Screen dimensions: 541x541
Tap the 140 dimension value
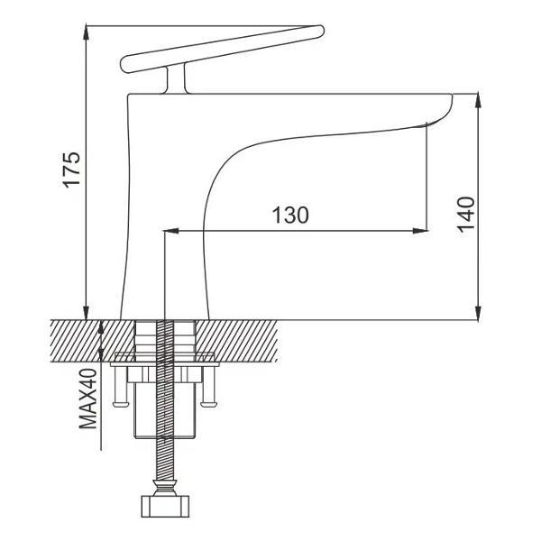pos(466,215)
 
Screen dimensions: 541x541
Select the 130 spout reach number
pos(290,215)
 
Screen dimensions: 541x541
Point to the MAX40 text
pos(87,399)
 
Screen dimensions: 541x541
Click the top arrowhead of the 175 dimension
pos(87,32)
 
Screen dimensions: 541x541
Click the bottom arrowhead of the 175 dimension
pos(87,313)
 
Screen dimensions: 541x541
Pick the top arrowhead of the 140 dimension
pos(478,100)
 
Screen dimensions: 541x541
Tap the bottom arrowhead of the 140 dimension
pos(478,313)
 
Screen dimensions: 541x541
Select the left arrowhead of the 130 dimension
pos(170,231)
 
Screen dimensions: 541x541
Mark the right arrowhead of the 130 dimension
pos(420,231)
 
